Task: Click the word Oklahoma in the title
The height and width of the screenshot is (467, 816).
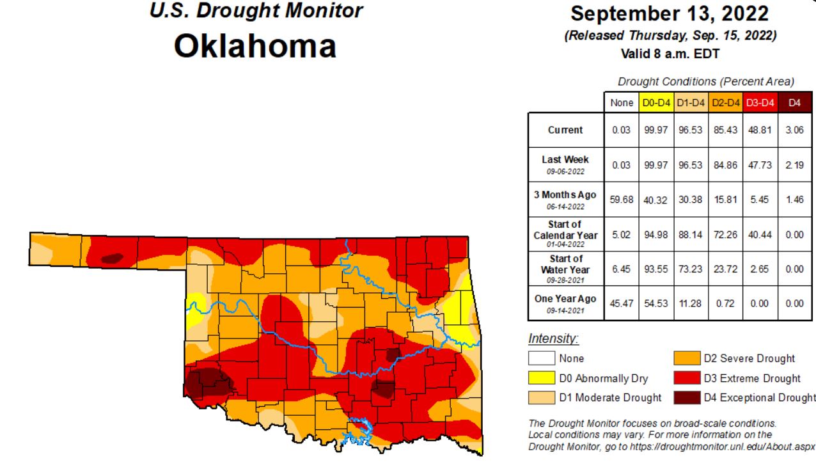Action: [255, 47]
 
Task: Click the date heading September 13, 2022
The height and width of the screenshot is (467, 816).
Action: [670, 13]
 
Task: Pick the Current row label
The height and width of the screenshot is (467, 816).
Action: [565, 130]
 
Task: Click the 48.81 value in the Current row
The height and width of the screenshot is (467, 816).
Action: [760, 130]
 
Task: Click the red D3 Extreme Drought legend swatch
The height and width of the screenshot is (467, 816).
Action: [686, 378]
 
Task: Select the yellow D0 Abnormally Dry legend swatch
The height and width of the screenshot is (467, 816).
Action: [541, 378]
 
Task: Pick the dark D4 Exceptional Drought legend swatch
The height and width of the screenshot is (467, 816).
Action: [686, 397]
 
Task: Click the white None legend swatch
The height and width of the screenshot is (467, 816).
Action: [541, 358]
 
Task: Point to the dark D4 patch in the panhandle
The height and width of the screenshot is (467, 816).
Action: [112, 258]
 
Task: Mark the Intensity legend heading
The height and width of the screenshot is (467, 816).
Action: [553, 338]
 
